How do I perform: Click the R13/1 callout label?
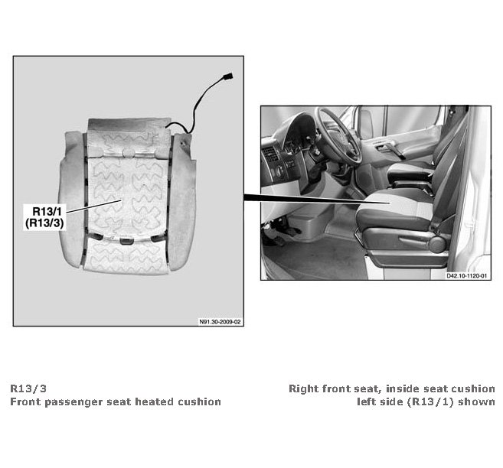tap(47, 211)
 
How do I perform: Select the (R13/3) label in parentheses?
tap(44, 223)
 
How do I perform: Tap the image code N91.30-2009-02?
tap(220, 322)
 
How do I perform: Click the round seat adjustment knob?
tap(437, 244)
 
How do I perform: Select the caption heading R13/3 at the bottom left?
tap(28, 388)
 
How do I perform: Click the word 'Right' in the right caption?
tap(304, 389)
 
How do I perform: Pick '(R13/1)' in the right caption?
tap(431, 401)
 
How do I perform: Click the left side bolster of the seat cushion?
tap(71, 199)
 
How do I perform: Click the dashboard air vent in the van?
tap(270, 154)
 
